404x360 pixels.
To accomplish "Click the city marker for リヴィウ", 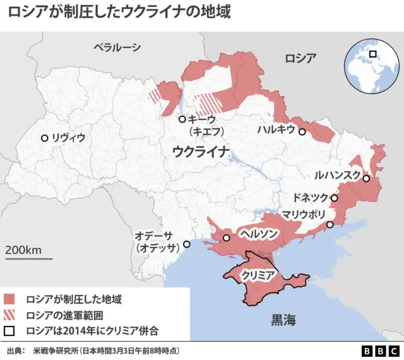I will [44, 138].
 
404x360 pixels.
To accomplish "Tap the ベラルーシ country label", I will [117, 47].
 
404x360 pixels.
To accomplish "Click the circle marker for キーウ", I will [182, 119].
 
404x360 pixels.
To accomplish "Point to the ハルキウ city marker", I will [302, 132].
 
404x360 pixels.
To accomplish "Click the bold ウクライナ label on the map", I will [200, 152].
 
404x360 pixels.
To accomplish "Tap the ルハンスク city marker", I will [365, 179].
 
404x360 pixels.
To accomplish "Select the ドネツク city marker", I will [335, 198].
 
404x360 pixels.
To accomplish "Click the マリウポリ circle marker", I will [330, 225].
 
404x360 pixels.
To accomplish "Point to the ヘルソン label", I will [258, 234].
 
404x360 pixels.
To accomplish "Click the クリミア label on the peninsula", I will [258, 276].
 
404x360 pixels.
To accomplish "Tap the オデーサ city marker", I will [186, 244].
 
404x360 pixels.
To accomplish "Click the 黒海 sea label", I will [283, 320].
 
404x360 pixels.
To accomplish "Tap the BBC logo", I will [380, 351].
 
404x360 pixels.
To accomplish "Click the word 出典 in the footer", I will [16, 351].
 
